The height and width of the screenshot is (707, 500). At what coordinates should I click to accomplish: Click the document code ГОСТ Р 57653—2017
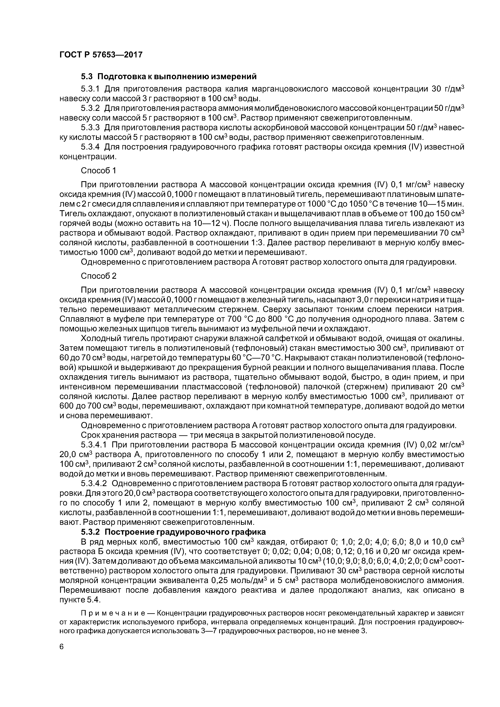101,55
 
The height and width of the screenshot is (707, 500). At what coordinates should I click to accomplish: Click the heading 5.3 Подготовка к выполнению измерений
169,76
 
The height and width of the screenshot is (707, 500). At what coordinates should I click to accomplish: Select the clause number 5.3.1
90,89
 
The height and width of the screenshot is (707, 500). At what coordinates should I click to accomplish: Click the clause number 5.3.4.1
94,445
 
